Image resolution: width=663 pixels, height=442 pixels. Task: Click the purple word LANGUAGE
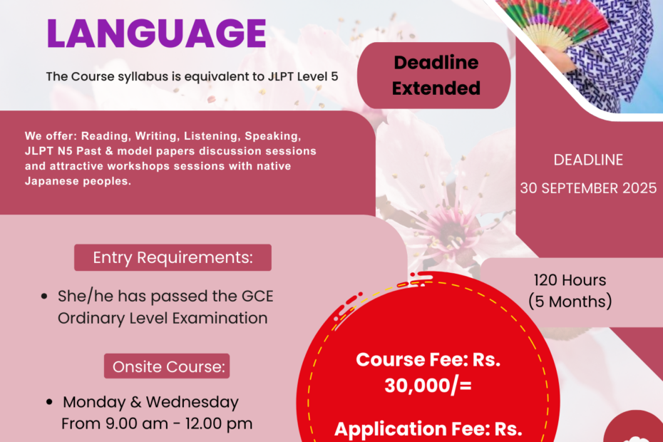click(156, 33)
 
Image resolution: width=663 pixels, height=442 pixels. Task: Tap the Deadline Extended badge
click(434, 76)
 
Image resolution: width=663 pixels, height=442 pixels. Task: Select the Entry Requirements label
click(173, 257)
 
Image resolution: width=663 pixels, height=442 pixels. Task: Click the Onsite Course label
click(167, 366)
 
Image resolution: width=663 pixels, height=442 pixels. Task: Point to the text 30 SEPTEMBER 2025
click(588, 187)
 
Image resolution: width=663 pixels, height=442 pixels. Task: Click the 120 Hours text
click(570, 280)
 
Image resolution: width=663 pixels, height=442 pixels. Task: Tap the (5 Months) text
click(570, 302)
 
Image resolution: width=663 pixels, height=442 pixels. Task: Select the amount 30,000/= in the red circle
click(428, 385)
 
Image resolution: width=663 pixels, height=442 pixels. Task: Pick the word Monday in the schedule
click(94, 402)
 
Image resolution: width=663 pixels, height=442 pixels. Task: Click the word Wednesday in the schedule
click(192, 402)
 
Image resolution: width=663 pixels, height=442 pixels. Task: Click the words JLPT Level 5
click(303, 76)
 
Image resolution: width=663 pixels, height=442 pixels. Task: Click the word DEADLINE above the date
click(588, 160)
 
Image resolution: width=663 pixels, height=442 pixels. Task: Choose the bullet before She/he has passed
click(44, 296)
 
